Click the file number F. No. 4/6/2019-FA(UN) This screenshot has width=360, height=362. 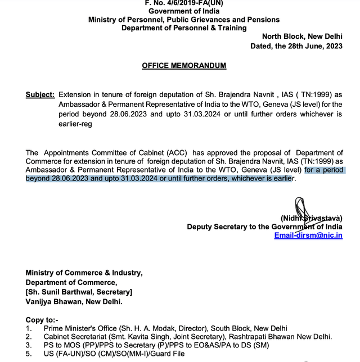pos(184,3)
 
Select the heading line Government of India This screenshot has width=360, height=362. pos(184,11)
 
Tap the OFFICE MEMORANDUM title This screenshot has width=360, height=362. pos(184,66)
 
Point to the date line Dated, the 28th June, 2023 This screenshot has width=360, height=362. pos(296,47)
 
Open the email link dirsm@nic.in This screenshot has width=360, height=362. pos(308,236)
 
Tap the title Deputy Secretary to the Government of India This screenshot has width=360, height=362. pos(264,227)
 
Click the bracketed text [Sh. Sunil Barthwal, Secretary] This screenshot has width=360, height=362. pos(79,292)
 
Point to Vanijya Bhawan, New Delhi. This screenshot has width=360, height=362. pos(74,301)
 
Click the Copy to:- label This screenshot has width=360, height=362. pos(42,319)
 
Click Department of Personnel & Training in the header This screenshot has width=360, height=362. pos(184,28)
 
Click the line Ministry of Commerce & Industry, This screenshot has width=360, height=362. pos(84,273)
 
